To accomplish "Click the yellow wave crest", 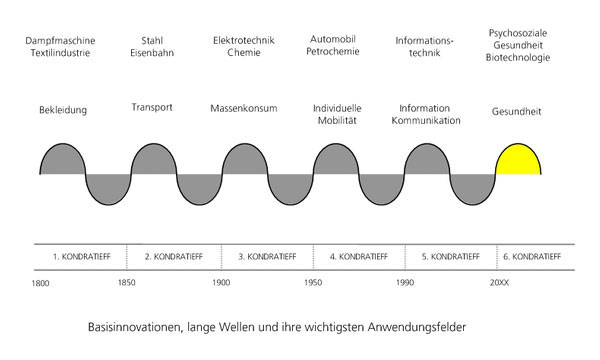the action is tap(518, 161).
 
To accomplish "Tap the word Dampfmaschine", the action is tap(60, 41).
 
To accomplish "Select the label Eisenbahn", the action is tap(152, 53).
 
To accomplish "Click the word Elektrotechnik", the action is tap(244, 41).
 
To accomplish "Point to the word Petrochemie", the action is tap(333, 51).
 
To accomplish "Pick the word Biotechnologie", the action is tap(518, 58).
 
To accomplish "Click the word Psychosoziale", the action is tap(518, 33).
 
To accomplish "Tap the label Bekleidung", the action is tap(63, 110).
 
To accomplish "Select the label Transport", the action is tap(152, 108).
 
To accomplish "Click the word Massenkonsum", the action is tap(244, 108).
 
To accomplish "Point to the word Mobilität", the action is tap(337, 121).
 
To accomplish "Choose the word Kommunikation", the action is tap(426, 121).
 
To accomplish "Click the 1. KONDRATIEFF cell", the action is tap(80, 257).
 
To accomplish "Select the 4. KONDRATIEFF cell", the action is tap(359, 257).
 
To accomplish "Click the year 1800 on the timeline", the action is tap(40, 283).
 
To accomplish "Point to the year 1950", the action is tap(313, 283).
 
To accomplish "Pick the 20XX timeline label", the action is tap(499, 283).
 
